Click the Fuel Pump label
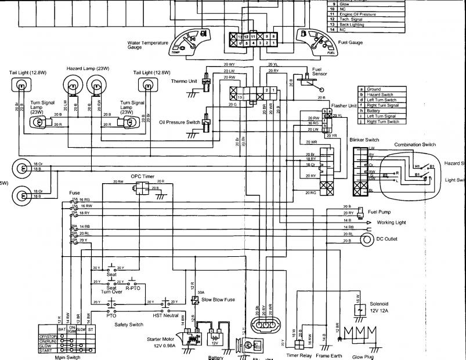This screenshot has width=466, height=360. click(379, 212)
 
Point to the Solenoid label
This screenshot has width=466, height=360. click(380, 305)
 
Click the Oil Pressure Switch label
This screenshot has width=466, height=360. click(179, 122)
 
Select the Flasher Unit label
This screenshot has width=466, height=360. click(344, 106)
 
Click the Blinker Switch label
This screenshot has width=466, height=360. click(364, 140)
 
